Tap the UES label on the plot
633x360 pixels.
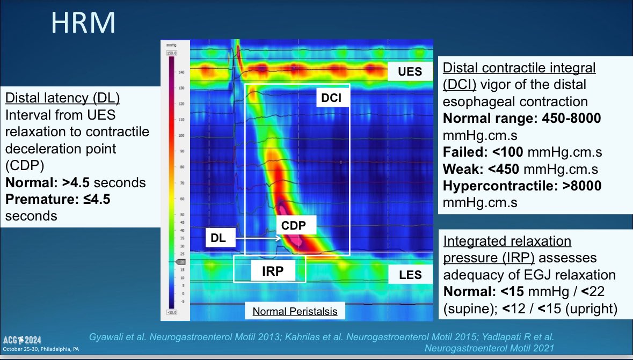pos(410,71)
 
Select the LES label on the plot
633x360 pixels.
pos(410,276)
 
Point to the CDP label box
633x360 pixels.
pos(294,225)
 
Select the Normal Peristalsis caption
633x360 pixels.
pos(295,311)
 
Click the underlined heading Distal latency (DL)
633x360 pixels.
pos(62,99)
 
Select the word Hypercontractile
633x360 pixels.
pos(489,186)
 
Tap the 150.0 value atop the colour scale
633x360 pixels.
pos(172,53)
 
